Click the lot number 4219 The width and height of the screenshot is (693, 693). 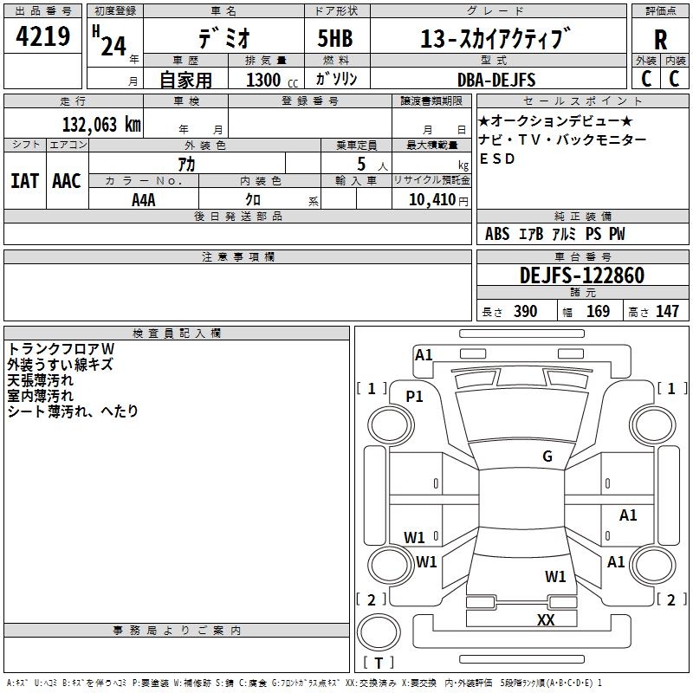42,36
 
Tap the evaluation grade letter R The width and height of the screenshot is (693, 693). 660,39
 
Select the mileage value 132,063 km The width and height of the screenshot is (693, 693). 101,124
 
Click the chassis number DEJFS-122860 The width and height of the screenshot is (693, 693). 581,276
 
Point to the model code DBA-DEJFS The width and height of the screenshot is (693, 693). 496,80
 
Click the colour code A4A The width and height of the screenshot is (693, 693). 144,199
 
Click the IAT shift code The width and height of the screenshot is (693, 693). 24,181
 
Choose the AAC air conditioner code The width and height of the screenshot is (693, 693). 67,181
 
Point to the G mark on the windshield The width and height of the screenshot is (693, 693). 547,457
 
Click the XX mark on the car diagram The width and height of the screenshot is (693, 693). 546,619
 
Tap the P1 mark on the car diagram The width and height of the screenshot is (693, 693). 415,396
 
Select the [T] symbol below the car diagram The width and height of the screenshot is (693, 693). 378,663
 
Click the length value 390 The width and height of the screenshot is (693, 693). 525,312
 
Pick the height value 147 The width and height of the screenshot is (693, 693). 666,312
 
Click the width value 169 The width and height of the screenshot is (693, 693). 598,312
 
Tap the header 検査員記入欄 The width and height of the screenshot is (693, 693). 177,333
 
